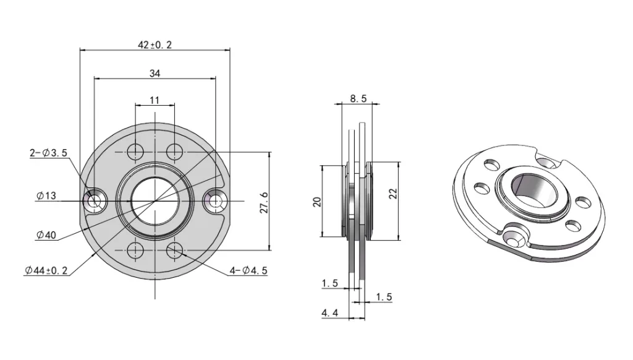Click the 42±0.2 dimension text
pos(155,45)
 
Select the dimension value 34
pos(155,73)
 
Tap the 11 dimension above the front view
pos(155,100)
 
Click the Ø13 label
pos(46,196)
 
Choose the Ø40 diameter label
pos(46,235)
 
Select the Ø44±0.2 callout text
pos(46,271)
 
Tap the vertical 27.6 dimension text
pos(263,202)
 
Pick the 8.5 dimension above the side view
pos(358,98)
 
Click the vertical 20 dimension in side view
pos(316,201)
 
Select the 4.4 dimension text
pos(329,314)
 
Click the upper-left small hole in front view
pos(135,150)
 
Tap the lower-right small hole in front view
pos(175,250)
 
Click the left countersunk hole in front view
pos(95,200)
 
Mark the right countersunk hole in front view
pos(215,200)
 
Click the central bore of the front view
pos(155,200)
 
